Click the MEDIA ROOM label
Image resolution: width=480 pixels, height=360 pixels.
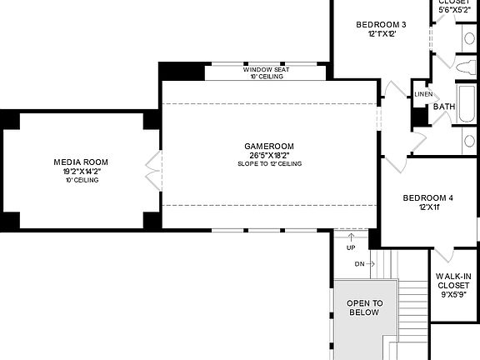pos(81,162)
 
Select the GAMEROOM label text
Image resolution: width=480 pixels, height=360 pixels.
pos(269,146)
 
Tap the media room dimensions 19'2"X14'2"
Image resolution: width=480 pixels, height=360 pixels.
pos(81,171)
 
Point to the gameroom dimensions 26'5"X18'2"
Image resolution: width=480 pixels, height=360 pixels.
pos(269,155)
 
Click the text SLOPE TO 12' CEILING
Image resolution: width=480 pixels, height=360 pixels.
pos(269,163)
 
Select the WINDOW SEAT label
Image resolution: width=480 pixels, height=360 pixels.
pos(266,69)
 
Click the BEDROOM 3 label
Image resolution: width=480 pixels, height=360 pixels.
pos(381,25)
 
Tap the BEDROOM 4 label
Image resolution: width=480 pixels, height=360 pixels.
pos(427,198)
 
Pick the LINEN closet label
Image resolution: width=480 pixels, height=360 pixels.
pos(423,94)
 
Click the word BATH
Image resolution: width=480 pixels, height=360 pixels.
pos(444,107)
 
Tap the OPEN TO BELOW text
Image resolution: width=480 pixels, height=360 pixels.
pos(364,307)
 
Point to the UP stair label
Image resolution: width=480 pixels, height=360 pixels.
pos(351,247)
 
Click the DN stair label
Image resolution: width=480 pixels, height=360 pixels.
pos(359,264)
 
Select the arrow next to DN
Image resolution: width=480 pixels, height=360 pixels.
pos(371,264)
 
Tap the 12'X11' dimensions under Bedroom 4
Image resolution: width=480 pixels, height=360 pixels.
pos(427,208)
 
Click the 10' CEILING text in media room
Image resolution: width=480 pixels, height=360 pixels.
pos(81,180)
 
